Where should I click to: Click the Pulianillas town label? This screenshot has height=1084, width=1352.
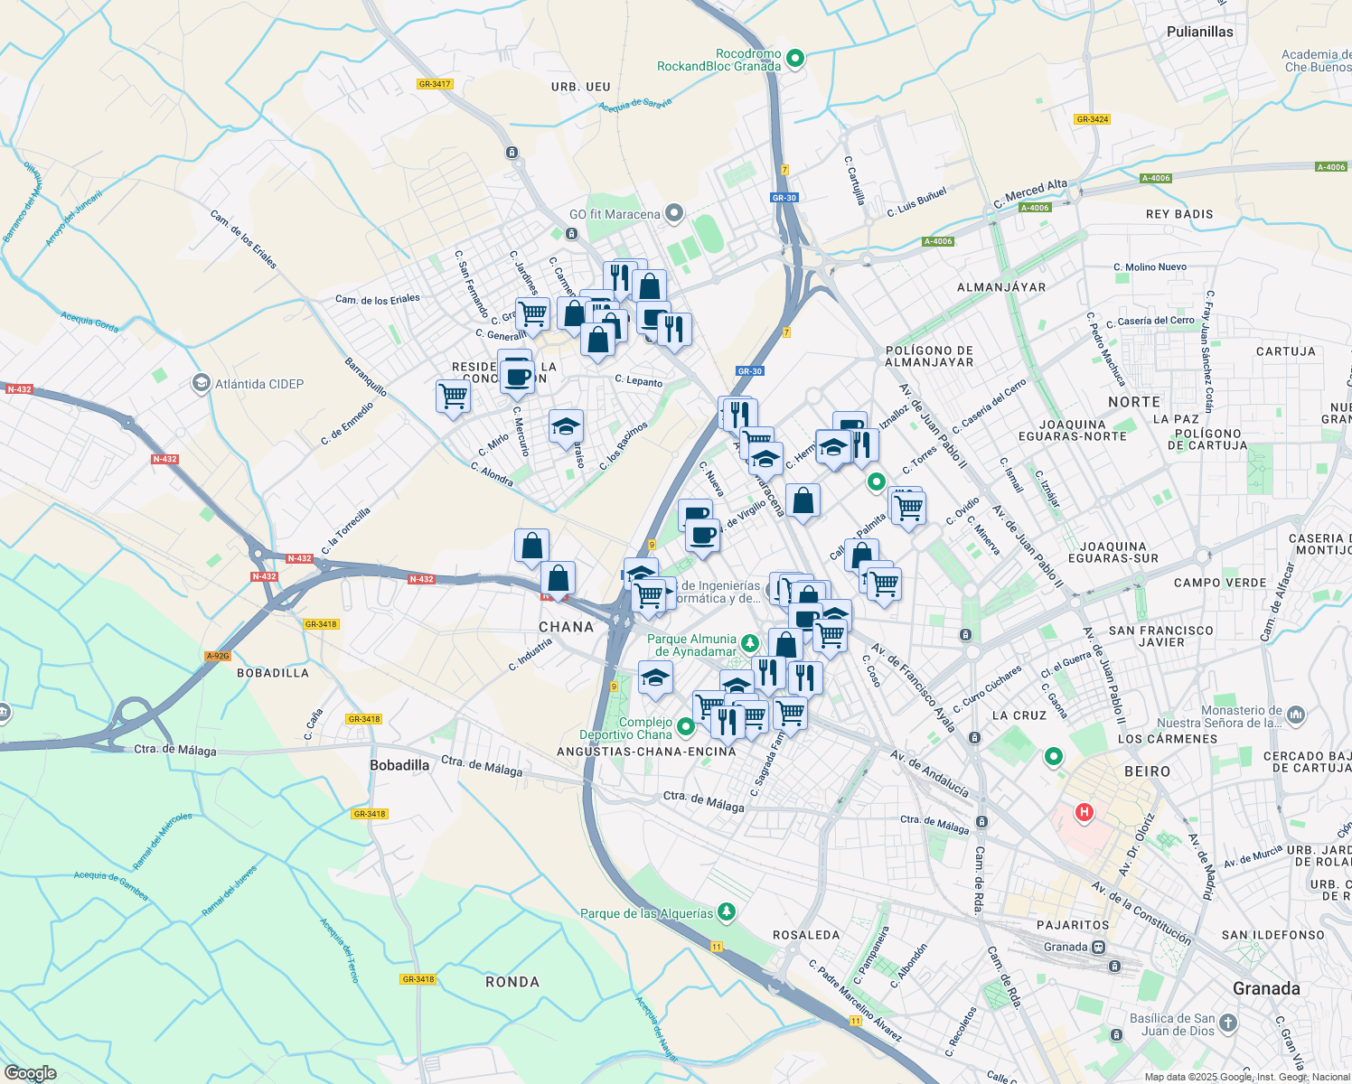tap(1199, 32)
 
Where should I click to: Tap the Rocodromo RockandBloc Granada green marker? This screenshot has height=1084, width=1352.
tap(795, 60)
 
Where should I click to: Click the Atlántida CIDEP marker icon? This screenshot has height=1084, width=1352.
tap(201, 384)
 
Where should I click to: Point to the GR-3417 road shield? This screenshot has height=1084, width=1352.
tap(434, 84)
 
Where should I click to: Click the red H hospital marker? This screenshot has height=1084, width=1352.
tap(1083, 813)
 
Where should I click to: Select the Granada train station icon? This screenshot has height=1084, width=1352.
tap(1098, 947)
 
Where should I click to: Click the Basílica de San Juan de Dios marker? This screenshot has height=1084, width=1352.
tap(1227, 1023)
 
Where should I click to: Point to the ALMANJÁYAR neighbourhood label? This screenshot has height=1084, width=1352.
tap(1000, 287)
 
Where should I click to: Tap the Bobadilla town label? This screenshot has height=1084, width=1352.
tap(399, 765)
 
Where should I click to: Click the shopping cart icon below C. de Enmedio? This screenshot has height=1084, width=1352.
tap(453, 396)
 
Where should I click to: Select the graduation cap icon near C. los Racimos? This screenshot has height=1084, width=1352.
tap(566, 426)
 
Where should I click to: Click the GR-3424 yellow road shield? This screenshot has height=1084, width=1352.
tap(1092, 119)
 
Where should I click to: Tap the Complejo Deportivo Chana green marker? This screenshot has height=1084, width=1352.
tap(685, 725)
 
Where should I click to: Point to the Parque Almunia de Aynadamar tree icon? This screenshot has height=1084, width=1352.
tap(749, 644)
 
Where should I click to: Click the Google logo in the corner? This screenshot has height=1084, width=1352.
tap(30, 1073)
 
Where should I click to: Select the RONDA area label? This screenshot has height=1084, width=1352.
tap(512, 982)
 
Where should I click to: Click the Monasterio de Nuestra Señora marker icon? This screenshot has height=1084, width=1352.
tap(1295, 715)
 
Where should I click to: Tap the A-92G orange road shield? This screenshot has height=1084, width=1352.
tap(217, 656)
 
